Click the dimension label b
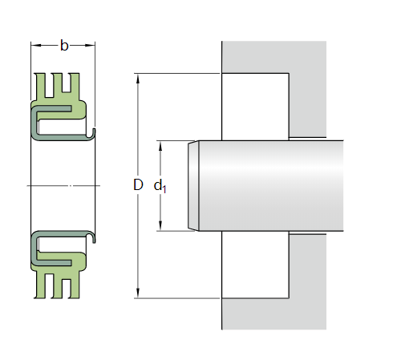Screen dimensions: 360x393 coord(64,45)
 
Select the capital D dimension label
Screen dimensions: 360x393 coord(137,185)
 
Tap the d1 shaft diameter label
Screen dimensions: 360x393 coord(160,187)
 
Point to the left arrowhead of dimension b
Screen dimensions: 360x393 coord(34,45)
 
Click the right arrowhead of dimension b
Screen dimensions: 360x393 coord(92,45)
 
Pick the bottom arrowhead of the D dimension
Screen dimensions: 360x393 coord(137,293)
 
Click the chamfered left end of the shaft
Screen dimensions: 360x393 coord(192,186)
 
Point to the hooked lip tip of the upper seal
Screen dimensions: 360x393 coord(94,132)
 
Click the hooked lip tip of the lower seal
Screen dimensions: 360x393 coord(94,238)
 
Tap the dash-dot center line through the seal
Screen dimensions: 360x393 coord(64,185)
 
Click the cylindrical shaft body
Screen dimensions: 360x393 coord(273,186)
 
